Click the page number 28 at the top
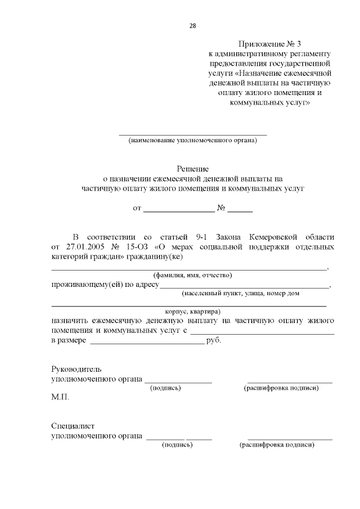[x=193, y=25]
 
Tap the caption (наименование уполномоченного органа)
[x=192, y=141]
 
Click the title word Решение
[x=193, y=169]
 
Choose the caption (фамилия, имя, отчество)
[x=193, y=276]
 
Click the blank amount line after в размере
[x=147, y=341]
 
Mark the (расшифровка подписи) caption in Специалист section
[x=277, y=445]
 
